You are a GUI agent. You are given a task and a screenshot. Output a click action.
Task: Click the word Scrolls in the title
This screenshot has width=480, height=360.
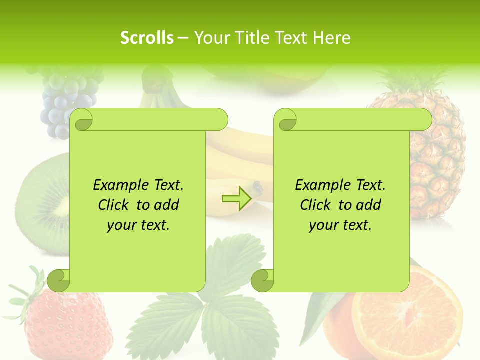click(x=147, y=38)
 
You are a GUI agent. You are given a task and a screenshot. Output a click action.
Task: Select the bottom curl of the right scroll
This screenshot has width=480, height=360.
click(x=263, y=280)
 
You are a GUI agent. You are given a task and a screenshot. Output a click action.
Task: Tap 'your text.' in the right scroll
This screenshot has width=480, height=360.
click(x=340, y=225)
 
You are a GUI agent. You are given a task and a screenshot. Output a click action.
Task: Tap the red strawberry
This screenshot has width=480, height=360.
click(x=60, y=320)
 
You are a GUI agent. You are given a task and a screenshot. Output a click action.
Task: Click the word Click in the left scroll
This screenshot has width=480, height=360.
click(x=115, y=205)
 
